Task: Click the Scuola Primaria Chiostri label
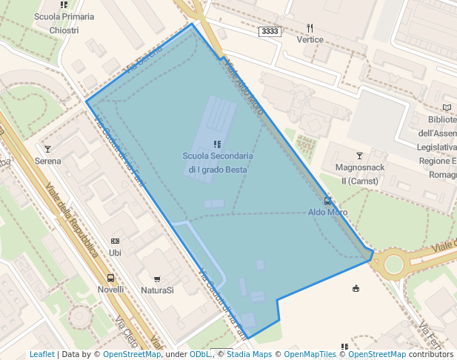[64, 23]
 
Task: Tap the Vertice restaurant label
[310, 39]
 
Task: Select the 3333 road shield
[270, 31]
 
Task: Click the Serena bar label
[48, 161]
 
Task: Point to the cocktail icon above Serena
[48, 149]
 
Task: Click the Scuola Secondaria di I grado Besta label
[218, 163]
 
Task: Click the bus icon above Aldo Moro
[327, 201]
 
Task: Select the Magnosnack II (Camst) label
[360, 174]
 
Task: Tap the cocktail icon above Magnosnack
[360, 156]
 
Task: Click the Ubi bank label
[115, 253]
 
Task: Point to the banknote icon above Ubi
[115, 241]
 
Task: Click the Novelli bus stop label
[110, 290]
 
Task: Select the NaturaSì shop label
[157, 290]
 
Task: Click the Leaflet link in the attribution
[42, 354]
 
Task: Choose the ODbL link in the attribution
[200, 354]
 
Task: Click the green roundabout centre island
[393, 264]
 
